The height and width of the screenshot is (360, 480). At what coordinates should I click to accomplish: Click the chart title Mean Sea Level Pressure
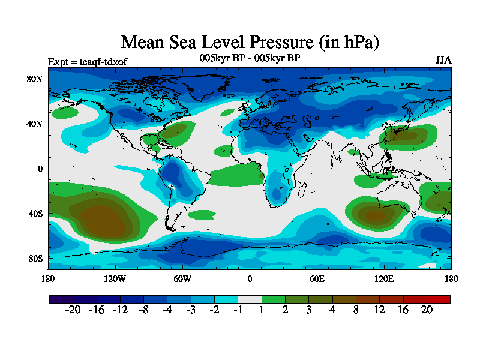[x=250, y=43]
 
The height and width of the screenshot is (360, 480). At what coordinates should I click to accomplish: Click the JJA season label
[x=443, y=61]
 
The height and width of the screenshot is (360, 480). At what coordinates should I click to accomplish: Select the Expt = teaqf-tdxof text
[x=88, y=61]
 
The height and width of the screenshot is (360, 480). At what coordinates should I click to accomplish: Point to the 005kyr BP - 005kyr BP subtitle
[x=250, y=58]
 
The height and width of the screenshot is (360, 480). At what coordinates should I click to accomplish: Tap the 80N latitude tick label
[x=35, y=79]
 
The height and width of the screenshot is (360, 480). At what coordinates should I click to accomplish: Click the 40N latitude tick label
[x=35, y=124]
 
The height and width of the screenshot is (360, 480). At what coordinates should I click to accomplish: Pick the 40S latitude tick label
[x=35, y=214]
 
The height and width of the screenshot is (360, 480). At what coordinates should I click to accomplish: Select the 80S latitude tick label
[x=35, y=259]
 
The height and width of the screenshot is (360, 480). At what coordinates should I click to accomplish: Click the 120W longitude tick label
[x=115, y=278]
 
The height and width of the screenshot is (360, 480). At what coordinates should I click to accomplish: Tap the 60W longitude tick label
[x=182, y=278]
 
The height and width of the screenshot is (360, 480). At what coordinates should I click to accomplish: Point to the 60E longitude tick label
[x=317, y=278]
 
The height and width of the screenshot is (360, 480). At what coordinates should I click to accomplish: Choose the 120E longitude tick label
[x=384, y=278]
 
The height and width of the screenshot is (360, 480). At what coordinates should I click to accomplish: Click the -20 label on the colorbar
[x=73, y=310]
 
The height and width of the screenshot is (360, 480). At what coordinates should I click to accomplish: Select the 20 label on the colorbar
[x=427, y=310]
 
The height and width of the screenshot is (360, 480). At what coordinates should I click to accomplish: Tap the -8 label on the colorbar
[x=143, y=310]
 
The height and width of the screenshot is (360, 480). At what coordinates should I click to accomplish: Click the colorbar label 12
[x=379, y=310]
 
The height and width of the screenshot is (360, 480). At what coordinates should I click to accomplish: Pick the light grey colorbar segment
[x=250, y=299]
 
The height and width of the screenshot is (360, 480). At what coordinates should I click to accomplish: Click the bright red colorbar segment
[x=438, y=299]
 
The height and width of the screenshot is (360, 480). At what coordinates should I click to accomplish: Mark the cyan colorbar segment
[x=226, y=299]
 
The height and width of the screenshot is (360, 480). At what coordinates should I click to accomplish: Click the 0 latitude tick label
[x=41, y=169]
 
